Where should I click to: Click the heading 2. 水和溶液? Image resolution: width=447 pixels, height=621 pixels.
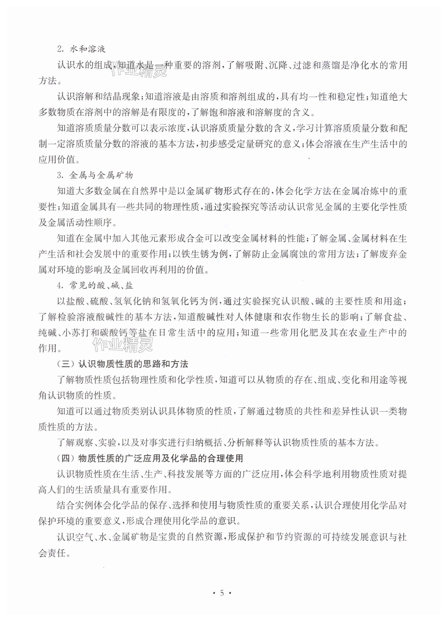click(81, 49)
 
